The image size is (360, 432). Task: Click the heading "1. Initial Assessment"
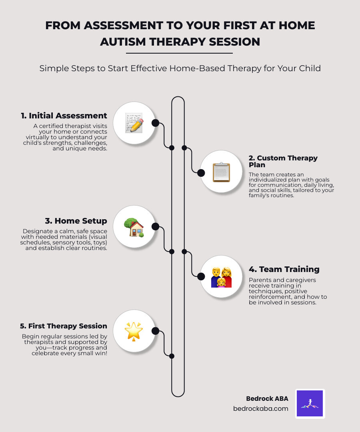click(x=64, y=116)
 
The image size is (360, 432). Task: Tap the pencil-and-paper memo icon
click(x=134, y=123)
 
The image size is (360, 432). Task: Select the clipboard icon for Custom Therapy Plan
click(x=221, y=172)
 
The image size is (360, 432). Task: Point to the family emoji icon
click(x=221, y=276)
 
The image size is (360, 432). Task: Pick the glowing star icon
click(x=134, y=331)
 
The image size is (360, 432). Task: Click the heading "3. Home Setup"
click(x=76, y=221)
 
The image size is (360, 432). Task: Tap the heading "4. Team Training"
click(x=284, y=269)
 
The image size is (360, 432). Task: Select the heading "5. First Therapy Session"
click(x=64, y=326)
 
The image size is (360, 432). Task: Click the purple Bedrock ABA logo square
click(x=310, y=404)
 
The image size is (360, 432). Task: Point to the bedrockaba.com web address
click(x=260, y=409)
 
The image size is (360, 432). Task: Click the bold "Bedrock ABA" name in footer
click(x=267, y=398)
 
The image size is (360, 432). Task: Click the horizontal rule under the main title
click(x=179, y=53)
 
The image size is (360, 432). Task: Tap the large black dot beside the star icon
click(x=156, y=331)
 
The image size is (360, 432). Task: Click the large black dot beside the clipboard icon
click(x=201, y=173)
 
